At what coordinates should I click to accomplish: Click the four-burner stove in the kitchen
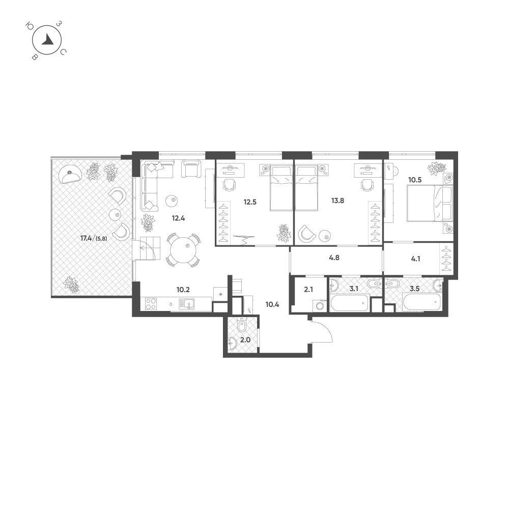point(151,304)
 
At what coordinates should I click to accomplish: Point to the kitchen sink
point(187,304)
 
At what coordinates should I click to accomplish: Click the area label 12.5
point(250,202)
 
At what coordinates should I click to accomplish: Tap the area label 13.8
point(337,201)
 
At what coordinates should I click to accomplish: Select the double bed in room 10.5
point(429,204)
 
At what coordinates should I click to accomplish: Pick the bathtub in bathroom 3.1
point(350,302)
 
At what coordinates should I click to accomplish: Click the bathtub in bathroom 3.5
point(421,302)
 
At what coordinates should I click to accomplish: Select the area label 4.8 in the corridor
point(334,258)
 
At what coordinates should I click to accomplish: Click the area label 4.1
point(415,259)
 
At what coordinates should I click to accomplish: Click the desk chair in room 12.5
point(230,185)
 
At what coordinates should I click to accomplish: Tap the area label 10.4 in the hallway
point(272,304)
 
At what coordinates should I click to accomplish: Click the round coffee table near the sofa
point(172,201)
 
